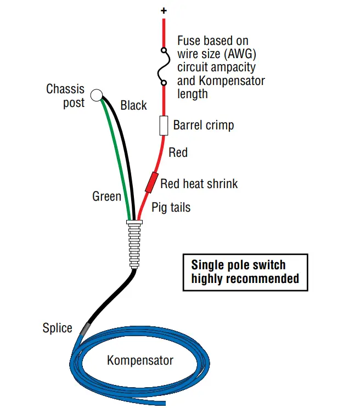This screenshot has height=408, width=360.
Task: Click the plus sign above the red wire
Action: [164, 10]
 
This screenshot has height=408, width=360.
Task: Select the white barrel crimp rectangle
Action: [164, 126]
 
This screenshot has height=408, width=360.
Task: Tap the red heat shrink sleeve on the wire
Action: [150, 183]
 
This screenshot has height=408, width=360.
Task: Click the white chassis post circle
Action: [97, 95]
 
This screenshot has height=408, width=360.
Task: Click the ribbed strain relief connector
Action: [133, 244]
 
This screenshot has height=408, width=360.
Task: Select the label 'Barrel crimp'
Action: [204, 125]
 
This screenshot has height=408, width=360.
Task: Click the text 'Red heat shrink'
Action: [199, 183]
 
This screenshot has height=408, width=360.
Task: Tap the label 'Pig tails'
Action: [171, 207]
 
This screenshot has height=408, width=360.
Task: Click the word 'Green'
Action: [106, 196]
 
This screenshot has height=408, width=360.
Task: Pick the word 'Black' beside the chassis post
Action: [133, 105]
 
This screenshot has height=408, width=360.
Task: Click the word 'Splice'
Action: [57, 328]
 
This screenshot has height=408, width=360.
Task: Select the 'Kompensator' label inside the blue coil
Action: [140, 360]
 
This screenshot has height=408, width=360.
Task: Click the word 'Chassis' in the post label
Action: [65, 89]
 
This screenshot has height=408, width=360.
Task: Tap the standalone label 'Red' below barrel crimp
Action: [178, 152]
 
